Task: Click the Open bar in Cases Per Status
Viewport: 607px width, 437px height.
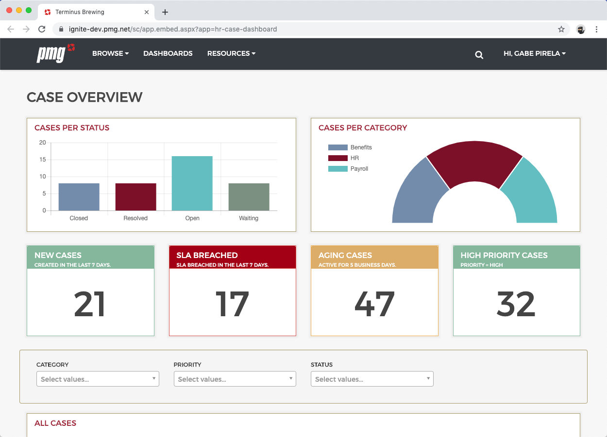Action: pyautogui.click(x=192, y=183)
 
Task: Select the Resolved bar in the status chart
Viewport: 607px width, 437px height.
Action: pyautogui.click(x=135, y=197)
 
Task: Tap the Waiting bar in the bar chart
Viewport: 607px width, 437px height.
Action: pyautogui.click(x=249, y=197)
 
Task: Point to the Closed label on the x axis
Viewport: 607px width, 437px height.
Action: pyautogui.click(x=79, y=218)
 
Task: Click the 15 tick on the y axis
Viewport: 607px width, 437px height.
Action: pyautogui.click(x=43, y=160)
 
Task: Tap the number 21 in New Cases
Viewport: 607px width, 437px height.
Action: pyautogui.click(x=90, y=305)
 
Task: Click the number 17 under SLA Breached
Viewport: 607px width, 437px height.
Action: pyautogui.click(x=232, y=305)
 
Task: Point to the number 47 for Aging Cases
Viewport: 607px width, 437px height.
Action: pyautogui.click(x=374, y=305)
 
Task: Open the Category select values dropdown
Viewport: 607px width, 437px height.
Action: pyautogui.click(x=98, y=379)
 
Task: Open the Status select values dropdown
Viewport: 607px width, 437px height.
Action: pyautogui.click(x=372, y=379)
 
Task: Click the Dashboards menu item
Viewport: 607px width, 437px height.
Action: pyautogui.click(x=168, y=53)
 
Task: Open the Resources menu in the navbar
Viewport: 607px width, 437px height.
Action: pyautogui.click(x=231, y=53)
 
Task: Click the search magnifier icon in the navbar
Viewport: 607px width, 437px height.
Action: pyautogui.click(x=479, y=55)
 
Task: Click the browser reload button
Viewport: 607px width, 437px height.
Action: pyautogui.click(x=42, y=29)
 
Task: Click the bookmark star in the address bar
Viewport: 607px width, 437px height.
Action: pyautogui.click(x=561, y=29)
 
